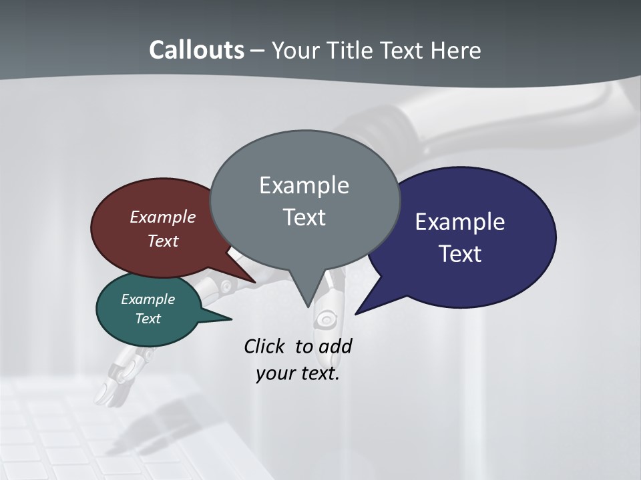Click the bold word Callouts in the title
[196, 50]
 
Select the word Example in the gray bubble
[304, 185]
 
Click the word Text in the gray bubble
[304, 217]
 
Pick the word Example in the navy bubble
[460, 222]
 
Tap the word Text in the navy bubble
[460, 254]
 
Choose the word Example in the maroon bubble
[162, 217]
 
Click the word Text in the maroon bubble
[162, 241]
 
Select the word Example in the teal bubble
[148, 300]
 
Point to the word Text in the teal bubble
[148, 319]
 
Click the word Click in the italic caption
[264, 347]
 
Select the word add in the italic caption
[335, 347]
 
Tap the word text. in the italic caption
[317, 373]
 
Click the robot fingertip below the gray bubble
[326, 320]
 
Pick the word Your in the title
[296, 50]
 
